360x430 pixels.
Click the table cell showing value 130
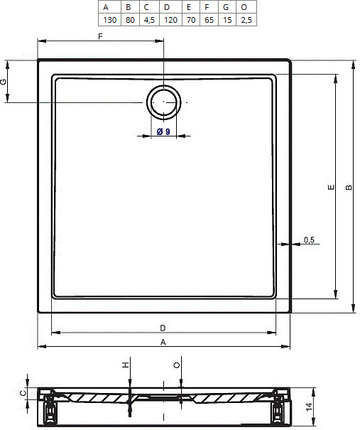pos(109,20)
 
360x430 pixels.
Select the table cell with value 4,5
pos(149,20)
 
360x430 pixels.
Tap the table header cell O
pos(246,7)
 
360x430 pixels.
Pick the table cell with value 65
pos(209,20)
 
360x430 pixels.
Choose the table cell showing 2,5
pos(246,20)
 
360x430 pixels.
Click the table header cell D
pos(170,7)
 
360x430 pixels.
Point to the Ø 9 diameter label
pos(163,131)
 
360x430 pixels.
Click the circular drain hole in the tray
pos(164,102)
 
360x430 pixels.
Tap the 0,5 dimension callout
pos(309,240)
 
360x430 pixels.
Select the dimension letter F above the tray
pos(100,36)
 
